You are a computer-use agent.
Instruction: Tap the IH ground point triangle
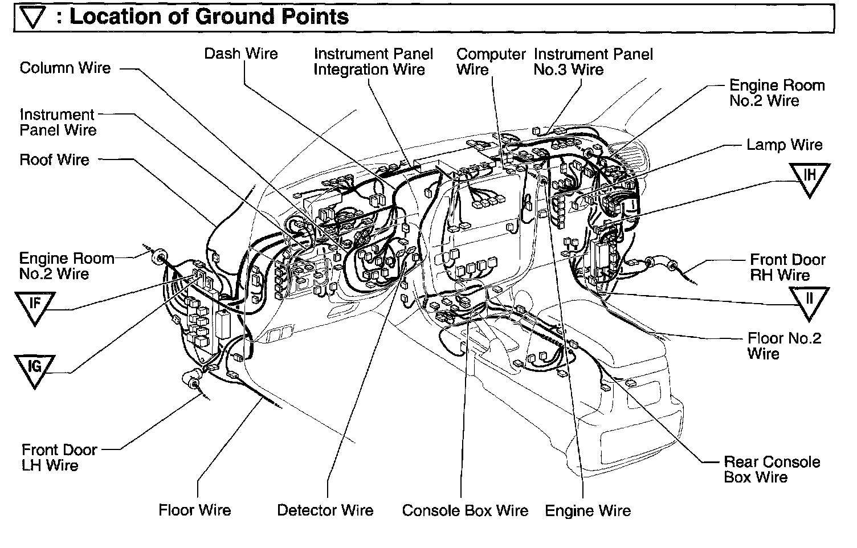(x=810, y=177)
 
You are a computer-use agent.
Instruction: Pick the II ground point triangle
(x=809, y=300)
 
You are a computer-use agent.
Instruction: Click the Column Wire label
(x=65, y=68)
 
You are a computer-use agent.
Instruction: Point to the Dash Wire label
(x=241, y=54)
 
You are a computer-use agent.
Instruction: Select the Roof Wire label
(x=54, y=160)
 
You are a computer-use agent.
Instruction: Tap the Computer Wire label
(x=490, y=62)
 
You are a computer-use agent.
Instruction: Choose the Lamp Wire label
(x=784, y=145)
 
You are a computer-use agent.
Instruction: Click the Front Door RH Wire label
(x=787, y=268)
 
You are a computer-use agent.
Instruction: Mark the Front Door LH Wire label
(x=59, y=457)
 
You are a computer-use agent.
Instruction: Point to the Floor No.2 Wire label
(x=784, y=346)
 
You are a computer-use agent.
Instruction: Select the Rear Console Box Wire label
(x=772, y=469)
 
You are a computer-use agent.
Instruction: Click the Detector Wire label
(x=325, y=510)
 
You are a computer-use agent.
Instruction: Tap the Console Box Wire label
(x=465, y=510)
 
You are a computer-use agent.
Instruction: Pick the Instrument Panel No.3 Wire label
(x=593, y=62)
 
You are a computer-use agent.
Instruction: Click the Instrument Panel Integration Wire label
(x=373, y=62)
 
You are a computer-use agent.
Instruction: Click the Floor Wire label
(x=195, y=510)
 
